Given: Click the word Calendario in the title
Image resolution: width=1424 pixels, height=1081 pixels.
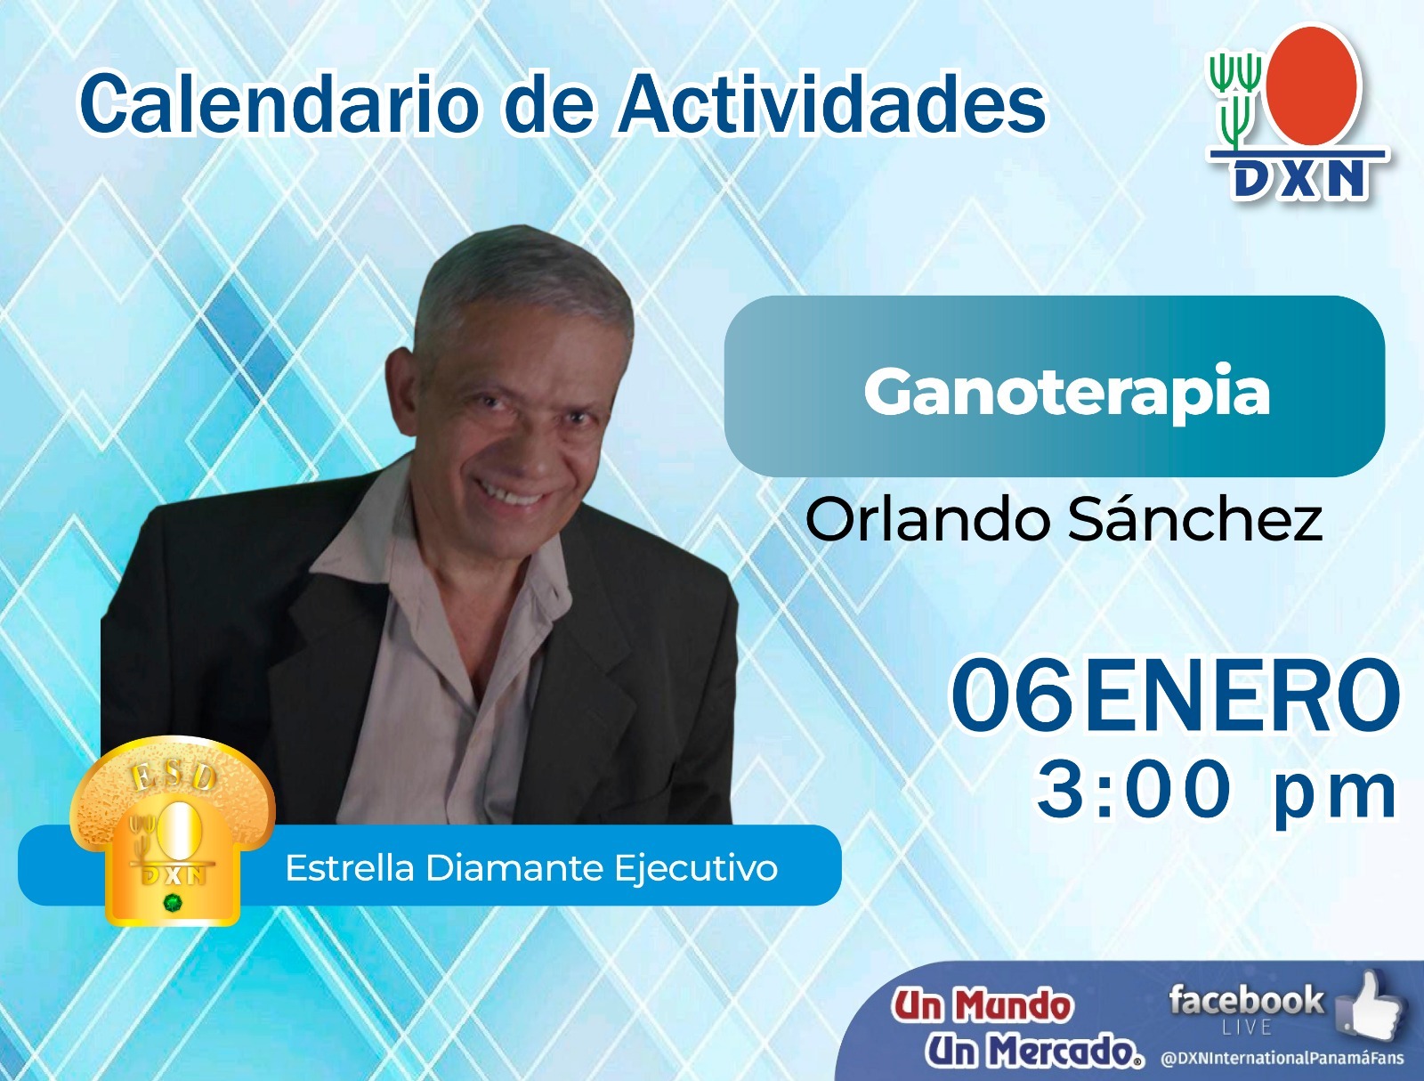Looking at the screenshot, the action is coord(279,102).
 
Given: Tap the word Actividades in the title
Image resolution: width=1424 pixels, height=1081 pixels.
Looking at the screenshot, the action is coord(832,102).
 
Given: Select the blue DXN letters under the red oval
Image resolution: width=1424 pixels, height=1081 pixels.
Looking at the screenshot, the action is coord(1297,179).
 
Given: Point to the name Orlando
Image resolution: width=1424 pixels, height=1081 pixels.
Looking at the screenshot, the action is coord(927,520).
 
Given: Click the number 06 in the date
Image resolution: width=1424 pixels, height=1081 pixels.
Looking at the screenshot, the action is coord(1012,695).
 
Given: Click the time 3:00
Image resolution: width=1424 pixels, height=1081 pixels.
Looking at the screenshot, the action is coord(1133,791).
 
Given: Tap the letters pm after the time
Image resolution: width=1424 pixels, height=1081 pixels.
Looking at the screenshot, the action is coord(1335,797).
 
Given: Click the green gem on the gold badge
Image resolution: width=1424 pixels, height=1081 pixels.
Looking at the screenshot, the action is coord(174,903).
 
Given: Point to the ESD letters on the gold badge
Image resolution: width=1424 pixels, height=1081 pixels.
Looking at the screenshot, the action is coord(174,776).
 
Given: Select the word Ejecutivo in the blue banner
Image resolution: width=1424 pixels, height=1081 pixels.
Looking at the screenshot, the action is coord(696,869).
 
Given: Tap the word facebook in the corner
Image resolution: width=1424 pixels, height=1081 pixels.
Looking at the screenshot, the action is coord(1246,1000).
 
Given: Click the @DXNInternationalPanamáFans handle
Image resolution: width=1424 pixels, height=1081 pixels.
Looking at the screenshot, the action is coord(1282,1058).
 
